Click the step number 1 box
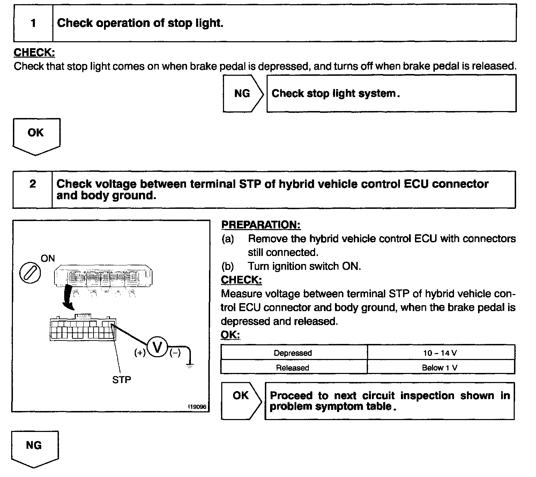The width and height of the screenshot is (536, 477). click(33, 23)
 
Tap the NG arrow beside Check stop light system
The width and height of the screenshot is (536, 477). click(243, 94)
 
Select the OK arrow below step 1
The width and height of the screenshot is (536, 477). click(36, 135)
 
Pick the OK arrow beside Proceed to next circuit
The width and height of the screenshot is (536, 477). click(241, 400)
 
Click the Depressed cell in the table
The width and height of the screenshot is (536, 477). click(293, 353)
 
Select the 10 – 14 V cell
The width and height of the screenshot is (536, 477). click(440, 353)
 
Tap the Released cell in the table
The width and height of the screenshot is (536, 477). click(293, 368)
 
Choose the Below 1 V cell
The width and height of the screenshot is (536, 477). click(440, 368)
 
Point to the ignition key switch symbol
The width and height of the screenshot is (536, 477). click(30, 272)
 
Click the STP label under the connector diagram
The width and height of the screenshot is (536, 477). click(122, 380)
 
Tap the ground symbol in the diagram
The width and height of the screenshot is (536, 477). click(189, 366)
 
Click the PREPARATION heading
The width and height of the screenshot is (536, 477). click(261, 225)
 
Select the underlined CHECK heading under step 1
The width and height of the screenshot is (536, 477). click(34, 53)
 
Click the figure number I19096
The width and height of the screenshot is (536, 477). click(198, 407)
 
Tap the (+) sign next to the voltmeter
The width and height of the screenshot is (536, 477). click(140, 353)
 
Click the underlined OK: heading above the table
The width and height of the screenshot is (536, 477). click(230, 335)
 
